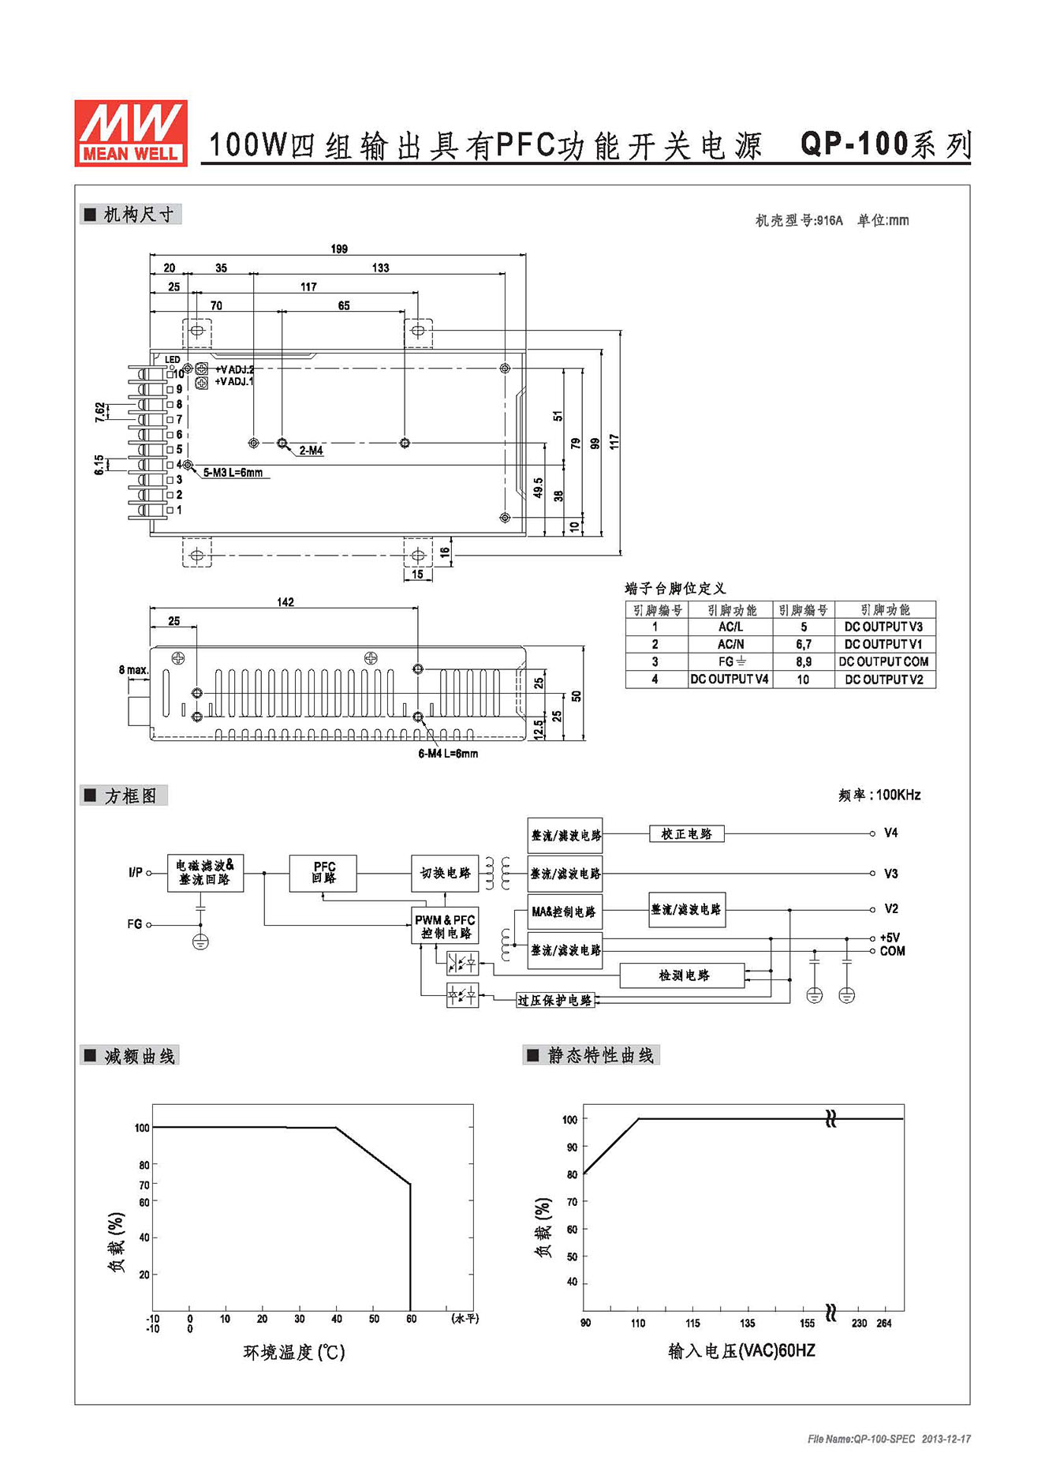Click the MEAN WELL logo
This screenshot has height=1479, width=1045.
click(131, 133)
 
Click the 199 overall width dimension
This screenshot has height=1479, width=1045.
click(339, 249)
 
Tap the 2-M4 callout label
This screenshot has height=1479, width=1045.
click(311, 451)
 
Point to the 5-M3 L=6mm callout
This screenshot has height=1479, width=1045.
click(233, 473)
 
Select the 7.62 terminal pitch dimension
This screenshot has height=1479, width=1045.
click(99, 412)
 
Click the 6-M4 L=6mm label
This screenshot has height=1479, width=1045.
click(448, 754)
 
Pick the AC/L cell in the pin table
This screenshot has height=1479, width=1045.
click(730, 627)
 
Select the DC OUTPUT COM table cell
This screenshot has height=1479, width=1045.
click(884, 661)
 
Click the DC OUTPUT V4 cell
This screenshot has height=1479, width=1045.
click(730, 679)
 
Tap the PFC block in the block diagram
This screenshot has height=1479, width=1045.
click(323, 873)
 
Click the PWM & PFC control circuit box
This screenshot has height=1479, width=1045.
click(445, 926)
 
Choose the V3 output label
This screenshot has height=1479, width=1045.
click(890, 874)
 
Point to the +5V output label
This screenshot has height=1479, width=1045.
click(890, 938)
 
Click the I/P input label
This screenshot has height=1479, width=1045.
click(136, 872)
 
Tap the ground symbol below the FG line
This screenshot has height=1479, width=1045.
click(200, 941)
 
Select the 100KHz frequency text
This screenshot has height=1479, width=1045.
click(898, 795)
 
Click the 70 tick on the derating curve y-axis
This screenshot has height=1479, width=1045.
click(144, 1185)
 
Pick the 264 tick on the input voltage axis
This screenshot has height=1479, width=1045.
click(883, 1324)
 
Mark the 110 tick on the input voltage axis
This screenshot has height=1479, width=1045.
click(638, 1324)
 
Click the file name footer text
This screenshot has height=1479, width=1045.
click(889, 1439)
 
